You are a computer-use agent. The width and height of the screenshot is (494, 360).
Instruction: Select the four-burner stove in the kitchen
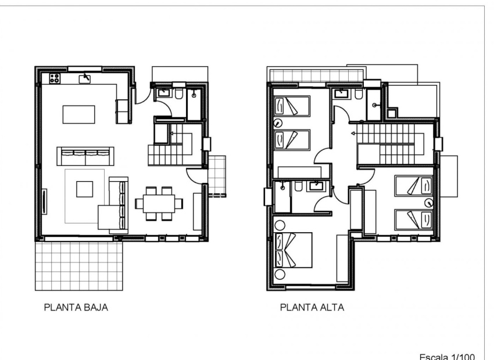pos(56,78)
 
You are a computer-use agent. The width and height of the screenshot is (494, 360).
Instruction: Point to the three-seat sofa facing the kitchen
pos(85,156)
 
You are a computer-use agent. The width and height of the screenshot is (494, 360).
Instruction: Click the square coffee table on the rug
pos(85,189)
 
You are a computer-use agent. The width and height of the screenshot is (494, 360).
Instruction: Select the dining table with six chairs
pos(159,203)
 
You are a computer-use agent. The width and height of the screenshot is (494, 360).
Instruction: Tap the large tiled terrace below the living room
pos(79,266)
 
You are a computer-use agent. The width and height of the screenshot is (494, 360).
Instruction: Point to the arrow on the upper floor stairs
pos(353,134)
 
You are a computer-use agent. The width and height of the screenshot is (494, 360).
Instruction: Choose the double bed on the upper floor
pos(293,250)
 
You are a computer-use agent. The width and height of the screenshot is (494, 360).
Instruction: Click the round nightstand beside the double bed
pos(281,275)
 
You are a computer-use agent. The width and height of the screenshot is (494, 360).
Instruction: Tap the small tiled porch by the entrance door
pos(216,175)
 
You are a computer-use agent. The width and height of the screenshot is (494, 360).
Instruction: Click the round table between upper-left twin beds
pos(278,123)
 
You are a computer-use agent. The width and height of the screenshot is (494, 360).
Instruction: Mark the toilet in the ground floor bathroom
pos(180,93)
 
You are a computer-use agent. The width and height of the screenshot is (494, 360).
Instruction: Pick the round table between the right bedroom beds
pos(429,203)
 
